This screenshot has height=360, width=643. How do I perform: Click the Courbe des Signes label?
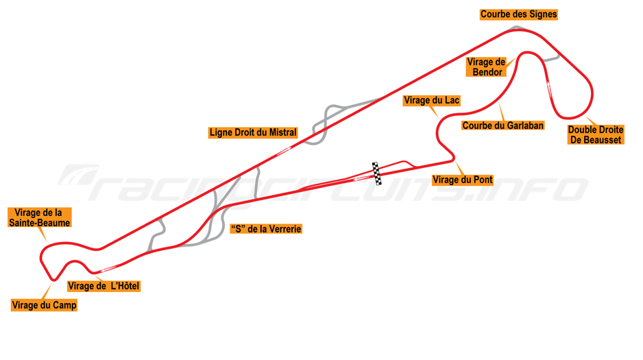point(518,14)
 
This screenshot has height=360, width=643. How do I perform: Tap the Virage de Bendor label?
point(486,67)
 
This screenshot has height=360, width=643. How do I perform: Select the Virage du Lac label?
point(431,100)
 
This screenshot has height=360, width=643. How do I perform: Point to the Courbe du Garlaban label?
point(502,125)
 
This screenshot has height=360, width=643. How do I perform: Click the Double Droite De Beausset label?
point(596,134)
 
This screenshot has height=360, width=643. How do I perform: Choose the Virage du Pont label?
point(463,180)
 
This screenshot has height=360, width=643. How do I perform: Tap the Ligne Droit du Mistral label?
point(253,132)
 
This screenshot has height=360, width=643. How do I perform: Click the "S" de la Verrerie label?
point(266,229)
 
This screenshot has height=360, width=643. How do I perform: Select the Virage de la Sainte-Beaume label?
point(39,217)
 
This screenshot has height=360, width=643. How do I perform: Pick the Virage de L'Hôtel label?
point(104,286)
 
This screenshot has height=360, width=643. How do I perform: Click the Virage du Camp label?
point(45,305)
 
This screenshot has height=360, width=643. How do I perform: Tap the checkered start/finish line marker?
point(376,173)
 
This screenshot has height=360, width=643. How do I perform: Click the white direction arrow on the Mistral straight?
point(282,152)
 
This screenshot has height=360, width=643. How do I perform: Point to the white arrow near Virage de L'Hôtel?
point(108,269)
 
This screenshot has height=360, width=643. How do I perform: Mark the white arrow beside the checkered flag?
point(361,178)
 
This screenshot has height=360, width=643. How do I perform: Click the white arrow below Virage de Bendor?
point(548,88)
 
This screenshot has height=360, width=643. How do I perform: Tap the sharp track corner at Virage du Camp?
point(53,280)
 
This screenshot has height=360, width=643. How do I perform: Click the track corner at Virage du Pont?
point(452,158)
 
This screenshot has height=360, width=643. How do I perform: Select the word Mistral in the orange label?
point(282,132)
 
